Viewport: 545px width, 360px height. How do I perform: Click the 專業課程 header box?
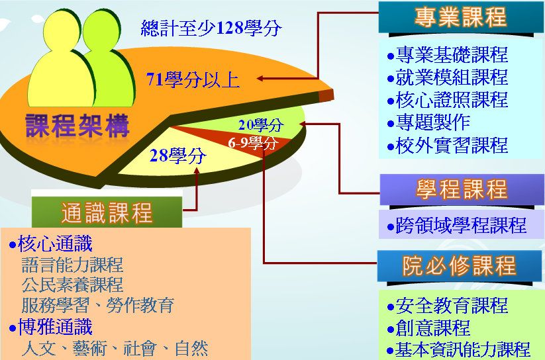[461, 17]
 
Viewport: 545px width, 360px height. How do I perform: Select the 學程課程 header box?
[462, 190]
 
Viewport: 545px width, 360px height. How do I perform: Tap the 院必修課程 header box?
[460, 266]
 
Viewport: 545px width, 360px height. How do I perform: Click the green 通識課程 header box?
[107, 212]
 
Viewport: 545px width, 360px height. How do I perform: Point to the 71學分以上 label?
[193, 79]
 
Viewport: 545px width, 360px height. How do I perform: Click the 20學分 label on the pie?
[261, 125]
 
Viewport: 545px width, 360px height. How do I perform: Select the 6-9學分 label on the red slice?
[253, 143]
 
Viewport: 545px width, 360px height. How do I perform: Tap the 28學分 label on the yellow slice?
[177, 156]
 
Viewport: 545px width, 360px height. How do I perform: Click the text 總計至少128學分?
[211, 28]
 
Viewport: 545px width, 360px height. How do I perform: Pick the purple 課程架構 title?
[77, 126]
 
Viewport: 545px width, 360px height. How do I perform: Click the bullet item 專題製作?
[429, 122]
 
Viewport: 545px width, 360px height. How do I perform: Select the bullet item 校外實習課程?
[448, 145]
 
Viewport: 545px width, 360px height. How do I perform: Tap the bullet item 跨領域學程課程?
[457, 225]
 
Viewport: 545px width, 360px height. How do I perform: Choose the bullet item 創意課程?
[429, 328]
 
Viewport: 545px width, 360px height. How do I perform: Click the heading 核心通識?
[51, 244]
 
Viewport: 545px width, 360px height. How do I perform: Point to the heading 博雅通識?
[51, 327]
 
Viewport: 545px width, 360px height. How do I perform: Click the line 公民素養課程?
[72, 285]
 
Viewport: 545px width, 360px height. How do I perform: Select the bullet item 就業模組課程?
[448, 77]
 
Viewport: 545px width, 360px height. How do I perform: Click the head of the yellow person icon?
[61, 30]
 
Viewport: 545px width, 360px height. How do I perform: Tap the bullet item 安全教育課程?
[448, 306]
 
